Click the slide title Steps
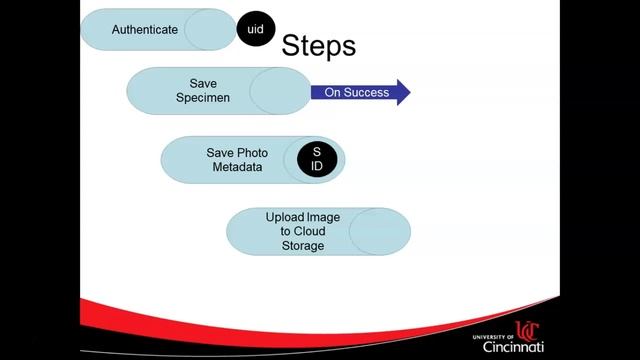click(319, 46)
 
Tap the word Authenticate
click(145, 29)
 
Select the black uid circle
click(255, 30)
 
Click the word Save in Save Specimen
click(203, 84)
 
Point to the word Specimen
click(203, 98)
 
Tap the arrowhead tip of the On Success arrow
click(408, 92)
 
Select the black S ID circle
click(317, 159)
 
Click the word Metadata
click(237, 167)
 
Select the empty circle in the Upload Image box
click(379, 231)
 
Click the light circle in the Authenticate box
click(210, 29)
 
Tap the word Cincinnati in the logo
click(513, 346)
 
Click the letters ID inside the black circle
click(317, 166)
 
